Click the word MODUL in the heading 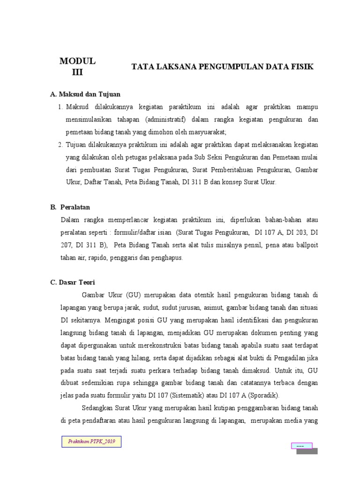(x=77, y=61)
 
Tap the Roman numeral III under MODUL (x=77, y=72)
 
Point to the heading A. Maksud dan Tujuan (x=85, y=95)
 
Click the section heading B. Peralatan (x=70, y=207)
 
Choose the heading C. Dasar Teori (x=73, y=282)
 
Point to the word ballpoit (x=307, y=245)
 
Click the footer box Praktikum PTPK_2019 (x=92, y=442)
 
